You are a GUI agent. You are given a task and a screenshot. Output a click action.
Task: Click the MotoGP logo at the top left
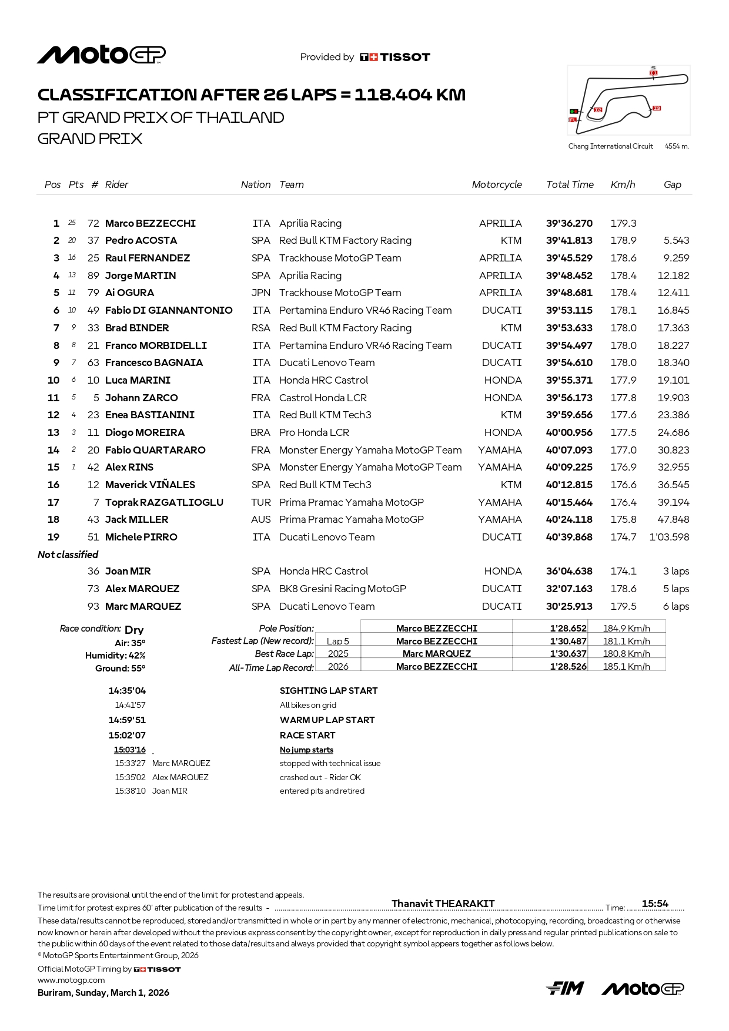click(101, 55)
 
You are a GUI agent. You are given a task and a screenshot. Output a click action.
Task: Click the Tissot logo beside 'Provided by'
click(395, 57)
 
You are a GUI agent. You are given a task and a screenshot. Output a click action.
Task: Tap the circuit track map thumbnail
click(628, 100)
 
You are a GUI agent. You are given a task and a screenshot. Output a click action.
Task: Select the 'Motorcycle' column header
click(497, 184)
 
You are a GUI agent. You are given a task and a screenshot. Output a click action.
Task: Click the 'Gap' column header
click(673, 184)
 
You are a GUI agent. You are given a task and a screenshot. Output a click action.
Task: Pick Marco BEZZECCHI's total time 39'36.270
click(569, 223)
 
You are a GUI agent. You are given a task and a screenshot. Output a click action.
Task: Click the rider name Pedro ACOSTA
click(141, 240)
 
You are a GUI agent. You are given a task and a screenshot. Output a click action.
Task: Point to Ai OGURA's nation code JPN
click(261, 293)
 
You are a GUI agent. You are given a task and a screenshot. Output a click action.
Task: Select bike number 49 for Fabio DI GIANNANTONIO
click(93, 310)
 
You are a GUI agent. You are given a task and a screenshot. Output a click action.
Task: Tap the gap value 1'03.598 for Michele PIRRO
click(669, 537)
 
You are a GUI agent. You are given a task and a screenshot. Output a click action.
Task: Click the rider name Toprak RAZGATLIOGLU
click(164, 502)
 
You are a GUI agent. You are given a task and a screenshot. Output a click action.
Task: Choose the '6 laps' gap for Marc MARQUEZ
click(676, 606)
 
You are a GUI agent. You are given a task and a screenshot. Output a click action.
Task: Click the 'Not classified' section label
click(68, 555)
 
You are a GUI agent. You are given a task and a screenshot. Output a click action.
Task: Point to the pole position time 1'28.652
click(568, 628)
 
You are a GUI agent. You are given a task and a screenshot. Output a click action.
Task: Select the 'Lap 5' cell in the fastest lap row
click(338, 641)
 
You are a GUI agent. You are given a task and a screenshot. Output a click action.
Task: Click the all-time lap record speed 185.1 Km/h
click(627, 666)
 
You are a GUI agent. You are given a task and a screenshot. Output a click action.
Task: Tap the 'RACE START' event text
click(307, 735)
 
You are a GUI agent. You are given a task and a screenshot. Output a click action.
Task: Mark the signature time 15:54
click(655, 904)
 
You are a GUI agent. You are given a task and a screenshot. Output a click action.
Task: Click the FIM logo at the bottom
click(565, 989)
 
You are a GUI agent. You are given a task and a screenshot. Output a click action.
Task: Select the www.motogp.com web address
click(71, 980)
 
